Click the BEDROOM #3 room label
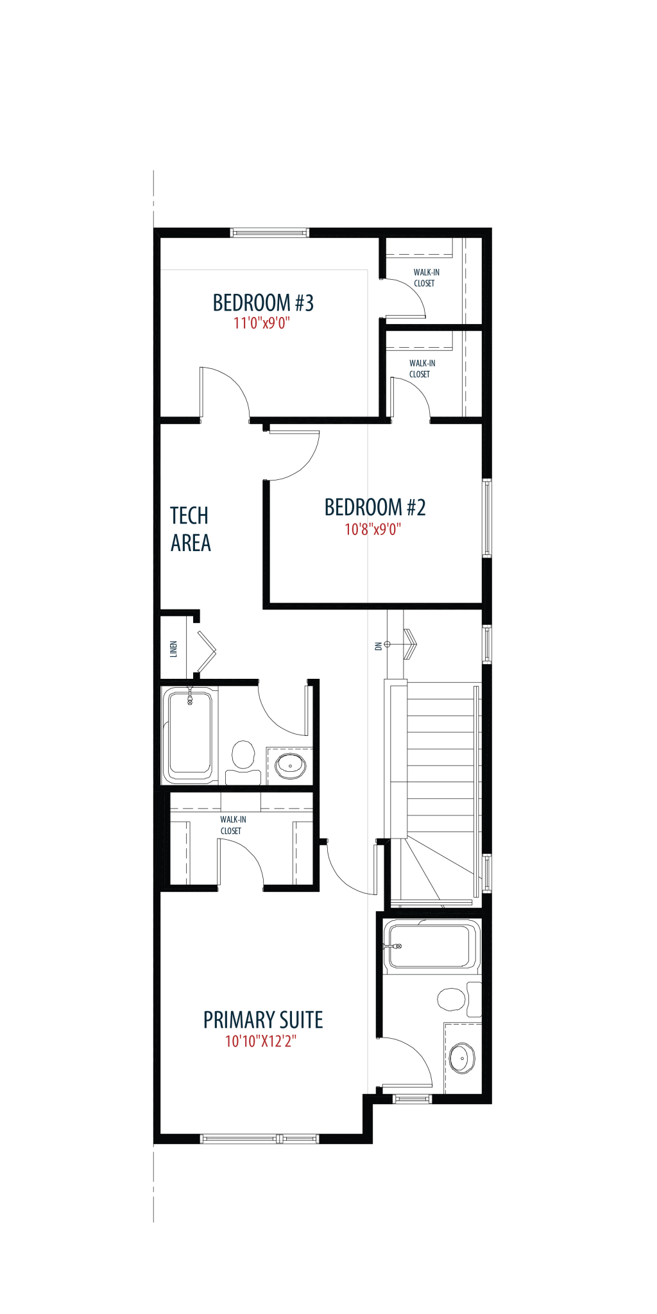point(263,303)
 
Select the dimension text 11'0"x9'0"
point(262,323)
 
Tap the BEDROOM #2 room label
point(375,508)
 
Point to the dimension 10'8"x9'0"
point(373,529)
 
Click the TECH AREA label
point(191,529)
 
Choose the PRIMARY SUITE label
point(263,1020)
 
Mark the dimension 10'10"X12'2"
point(260,1041)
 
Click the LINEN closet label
point(173,649)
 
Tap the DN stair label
point(379,646)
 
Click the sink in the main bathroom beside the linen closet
point(290,765)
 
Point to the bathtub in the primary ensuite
point(431,946)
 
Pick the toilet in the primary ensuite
point(459,999)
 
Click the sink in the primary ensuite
point(462,1058)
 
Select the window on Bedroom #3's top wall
point(269,232)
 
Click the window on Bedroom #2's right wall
point(487,518)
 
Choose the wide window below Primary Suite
point(259,1139)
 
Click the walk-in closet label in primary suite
point(232,825)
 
